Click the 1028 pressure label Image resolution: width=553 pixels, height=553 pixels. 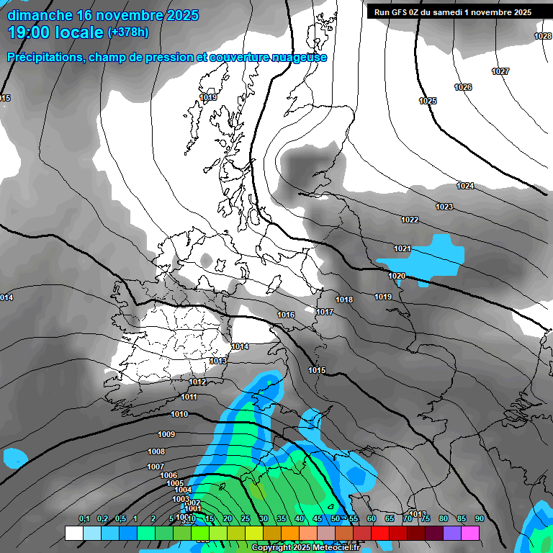click(x=543, y=36)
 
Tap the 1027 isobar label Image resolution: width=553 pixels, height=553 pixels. click(x=500, y=71)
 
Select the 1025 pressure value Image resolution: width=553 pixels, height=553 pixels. click(x=428, y=101)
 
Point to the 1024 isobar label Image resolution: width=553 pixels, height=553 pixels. click(x=465, y=186)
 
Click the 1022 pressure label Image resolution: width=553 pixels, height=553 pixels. click(x=410, y=220)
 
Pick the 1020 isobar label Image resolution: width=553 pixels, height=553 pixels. click(x=397, y=276)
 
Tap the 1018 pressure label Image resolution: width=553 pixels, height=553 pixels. click(x=344, y=300)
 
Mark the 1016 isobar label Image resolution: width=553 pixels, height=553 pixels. click(x=286, y=315)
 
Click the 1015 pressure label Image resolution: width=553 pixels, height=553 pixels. click(x=317, y=370)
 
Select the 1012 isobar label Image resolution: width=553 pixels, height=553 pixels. click(x=197, y=382)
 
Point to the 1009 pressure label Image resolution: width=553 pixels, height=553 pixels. click(x=166, y=434)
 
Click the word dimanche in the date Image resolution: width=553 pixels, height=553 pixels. click(x=40, y=15)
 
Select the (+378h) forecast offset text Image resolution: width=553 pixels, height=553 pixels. click(x=128, y=32)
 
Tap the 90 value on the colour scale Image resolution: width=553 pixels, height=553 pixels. click(x=479, y=518)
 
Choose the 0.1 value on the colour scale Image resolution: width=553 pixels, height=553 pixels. click(x=84, y=518)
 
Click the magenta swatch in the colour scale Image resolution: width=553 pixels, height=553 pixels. click(x=471, y=533)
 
